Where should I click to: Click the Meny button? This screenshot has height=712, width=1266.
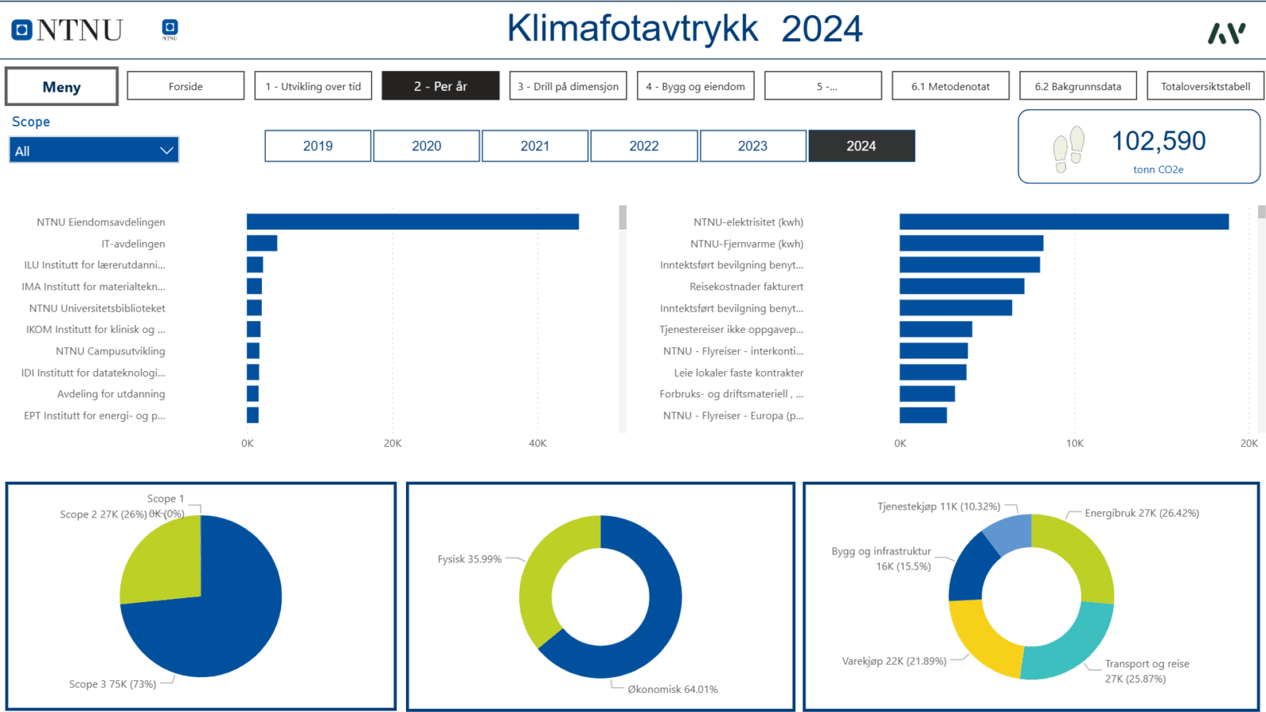pyautogui.click(x=62, y=86)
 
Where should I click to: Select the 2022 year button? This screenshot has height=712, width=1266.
pyautogui.click(x=644, y=146)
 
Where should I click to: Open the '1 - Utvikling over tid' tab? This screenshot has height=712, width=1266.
pyautogui.click(x=313, y=86)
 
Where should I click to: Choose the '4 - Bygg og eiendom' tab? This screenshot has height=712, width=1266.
pyautogui.click(x=696, y=86)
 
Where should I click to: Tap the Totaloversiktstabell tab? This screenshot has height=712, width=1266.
pyautogui.click(x=1205, y=86)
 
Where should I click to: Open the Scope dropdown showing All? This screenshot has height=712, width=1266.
pyautogui.click(x=94, y=150)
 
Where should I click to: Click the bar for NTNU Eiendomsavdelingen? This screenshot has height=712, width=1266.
pyautogui.click(x=412, y=222)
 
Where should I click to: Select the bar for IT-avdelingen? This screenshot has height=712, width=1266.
pyautogui.click(x=262, y=243)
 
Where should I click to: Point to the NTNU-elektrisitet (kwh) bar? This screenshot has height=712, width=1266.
pyautogui.click(x=1064, y=222)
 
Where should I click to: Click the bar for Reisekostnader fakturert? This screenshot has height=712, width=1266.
pyautogui.click(x=962, y=286)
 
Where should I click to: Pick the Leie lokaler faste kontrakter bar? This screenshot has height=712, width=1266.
pyautogui.click(x=933, y=373)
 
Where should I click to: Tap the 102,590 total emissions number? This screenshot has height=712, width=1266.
pyautogui.click(x=1158, y=141)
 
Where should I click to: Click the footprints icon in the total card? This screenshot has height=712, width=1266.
pyautogui.click(x=1069, y=150)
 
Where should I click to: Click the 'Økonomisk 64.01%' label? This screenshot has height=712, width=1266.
pyautogui.click(x=673, y=689)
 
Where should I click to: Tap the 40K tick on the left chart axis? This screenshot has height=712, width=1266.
pyautogui.click(x=537, y=444)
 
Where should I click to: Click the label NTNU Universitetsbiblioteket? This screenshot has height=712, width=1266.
pyautogui.click(x=97, y=308)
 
